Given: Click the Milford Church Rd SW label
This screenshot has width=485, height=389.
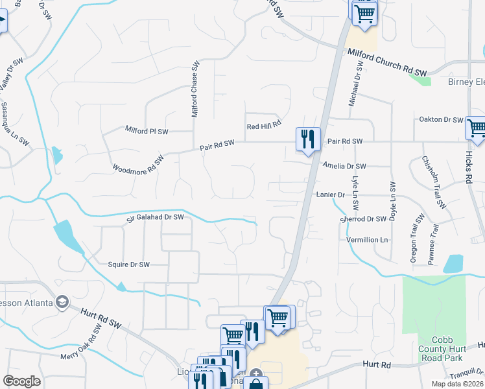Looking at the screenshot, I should click(x=388, y=62).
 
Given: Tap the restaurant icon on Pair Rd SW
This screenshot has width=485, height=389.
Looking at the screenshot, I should click(x=307, y=139).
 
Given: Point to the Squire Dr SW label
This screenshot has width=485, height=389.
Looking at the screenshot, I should click(x=128, y=265).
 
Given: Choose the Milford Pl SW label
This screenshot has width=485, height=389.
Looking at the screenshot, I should click(x=147, y=131).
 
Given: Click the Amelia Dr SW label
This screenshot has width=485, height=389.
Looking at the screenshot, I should click(x=344, y=166).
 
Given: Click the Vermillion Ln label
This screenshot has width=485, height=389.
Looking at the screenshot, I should click(x=366, y=240).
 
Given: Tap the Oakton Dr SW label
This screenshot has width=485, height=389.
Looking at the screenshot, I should click(x=441, y=120).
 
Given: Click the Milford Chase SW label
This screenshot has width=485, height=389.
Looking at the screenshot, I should click(x=195, y=89).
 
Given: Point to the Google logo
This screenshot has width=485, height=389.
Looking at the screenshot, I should click(x=22, y=381).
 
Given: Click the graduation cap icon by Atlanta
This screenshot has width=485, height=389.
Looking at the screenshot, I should click(x=62, y=301).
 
